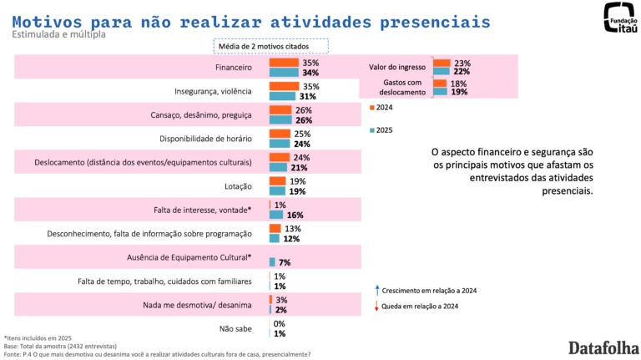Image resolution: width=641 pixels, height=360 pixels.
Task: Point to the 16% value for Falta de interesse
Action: point(284,215)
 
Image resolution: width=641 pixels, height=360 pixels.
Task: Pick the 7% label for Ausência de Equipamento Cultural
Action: point(284,262)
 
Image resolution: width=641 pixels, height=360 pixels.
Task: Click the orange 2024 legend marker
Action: point(371,107)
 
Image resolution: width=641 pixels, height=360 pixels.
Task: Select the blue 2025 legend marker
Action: point(371,130)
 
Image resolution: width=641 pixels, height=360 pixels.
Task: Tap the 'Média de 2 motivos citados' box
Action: point(270,46)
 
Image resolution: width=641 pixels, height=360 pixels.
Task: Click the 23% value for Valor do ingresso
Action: point(462,63)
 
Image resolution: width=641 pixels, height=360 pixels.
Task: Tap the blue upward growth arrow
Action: point(378,289)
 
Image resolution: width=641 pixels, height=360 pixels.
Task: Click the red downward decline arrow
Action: point(378,307)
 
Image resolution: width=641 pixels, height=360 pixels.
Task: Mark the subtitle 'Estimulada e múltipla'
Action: point(58,35)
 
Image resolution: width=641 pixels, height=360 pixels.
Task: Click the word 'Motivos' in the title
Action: point(47,19)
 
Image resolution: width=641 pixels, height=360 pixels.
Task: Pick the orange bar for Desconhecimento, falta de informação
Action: point(275,229)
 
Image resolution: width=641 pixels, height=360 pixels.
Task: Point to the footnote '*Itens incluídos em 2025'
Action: point(38,337)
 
